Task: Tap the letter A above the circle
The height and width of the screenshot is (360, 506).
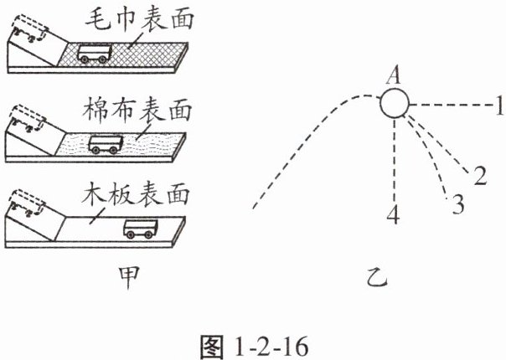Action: point(391,76)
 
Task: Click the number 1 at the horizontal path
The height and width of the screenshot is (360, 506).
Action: point(498,105)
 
